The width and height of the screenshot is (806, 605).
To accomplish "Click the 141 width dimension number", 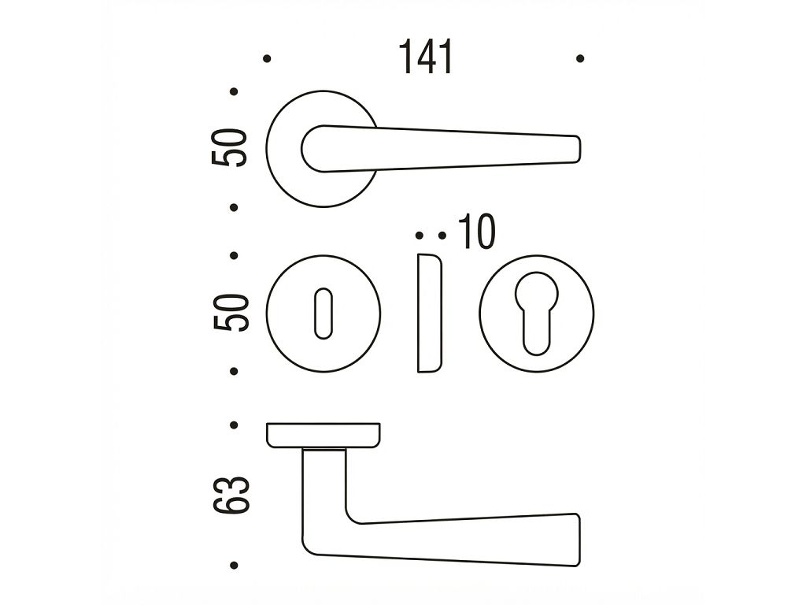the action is click(426, 57).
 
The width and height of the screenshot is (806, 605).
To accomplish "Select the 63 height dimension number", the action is click(231, 495).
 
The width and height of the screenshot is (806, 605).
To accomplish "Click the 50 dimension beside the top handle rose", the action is click(229, 147).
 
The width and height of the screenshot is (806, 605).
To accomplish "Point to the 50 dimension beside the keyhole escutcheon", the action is click(231, 312).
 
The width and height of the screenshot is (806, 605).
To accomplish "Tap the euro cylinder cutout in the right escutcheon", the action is click(536, 313).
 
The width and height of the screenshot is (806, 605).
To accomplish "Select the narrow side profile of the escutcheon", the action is click(429, 313).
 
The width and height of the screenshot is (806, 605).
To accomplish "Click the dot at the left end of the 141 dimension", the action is click(267, 58).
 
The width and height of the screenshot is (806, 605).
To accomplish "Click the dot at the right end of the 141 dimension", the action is click(580, 58).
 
